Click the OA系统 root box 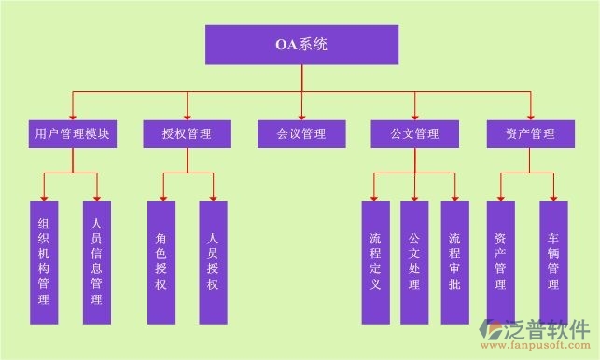pyautogui.click(x=301, y=45)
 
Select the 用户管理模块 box pyautogui.click(x=71, y=134)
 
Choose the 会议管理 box pyautogui.click(x=301, y=134)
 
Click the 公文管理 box pyautogui.click(x=415, y=134)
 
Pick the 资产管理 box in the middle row pyautogui.click(x=530, y=134)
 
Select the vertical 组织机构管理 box pyautogui.click(x=44, y=262)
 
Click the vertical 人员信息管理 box pyautogui.click(x=96, y=262)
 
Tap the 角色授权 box pyautogui.click(x=160, y=262)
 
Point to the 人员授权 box pyautogui.click(x=214, y=262)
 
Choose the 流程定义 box pyautogui.click(x=375, y=262)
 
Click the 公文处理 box pyautogui.click(x=414, y=262)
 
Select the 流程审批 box pyautogui.click(x=454, y=262)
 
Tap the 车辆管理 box pyautogui.click(x=553, y=262)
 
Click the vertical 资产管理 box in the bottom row pyautogui.click(x=500, y=262)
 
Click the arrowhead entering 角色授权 pyautogui.click(x=160, y=197)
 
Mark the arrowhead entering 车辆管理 pyautogui.click(x=553, y=197)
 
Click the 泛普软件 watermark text pyautogui.click(x=550, y=328)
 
